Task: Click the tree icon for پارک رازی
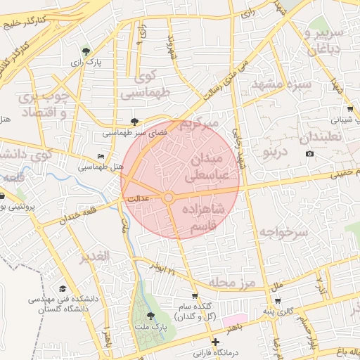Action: pos(86,51)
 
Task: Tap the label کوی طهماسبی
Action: pos(146,85)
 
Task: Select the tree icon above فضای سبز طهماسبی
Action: pos(134,122)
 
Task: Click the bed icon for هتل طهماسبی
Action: pos(101,156)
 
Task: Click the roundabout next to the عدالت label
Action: pos(169,198)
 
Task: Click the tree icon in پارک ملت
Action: pos(150,316)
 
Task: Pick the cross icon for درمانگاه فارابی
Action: pos(215,342)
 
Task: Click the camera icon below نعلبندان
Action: pos(310,154)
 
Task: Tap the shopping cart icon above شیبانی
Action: pos(350,109)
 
